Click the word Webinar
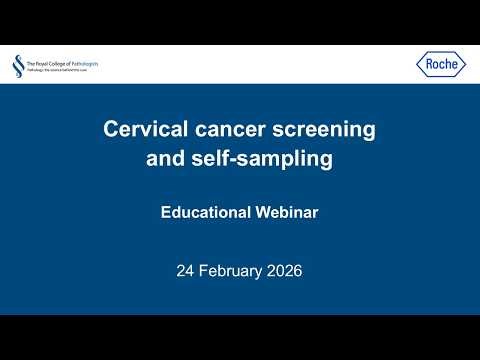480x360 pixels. click(x=285, y=212)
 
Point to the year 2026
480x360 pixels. click(x=283, y=270)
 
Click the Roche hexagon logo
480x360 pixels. click(x=441, y=65)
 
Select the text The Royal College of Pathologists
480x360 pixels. click(x=62, y=63)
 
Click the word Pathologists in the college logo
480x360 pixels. click(x=83, y=63)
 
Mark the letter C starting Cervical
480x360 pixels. click(x=112, y=129)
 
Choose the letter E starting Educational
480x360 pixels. click(x=166, y=212)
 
